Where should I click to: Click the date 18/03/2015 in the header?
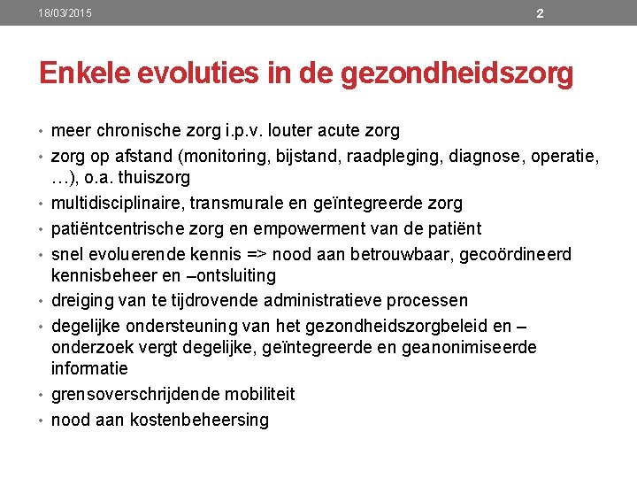pos(65,13)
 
